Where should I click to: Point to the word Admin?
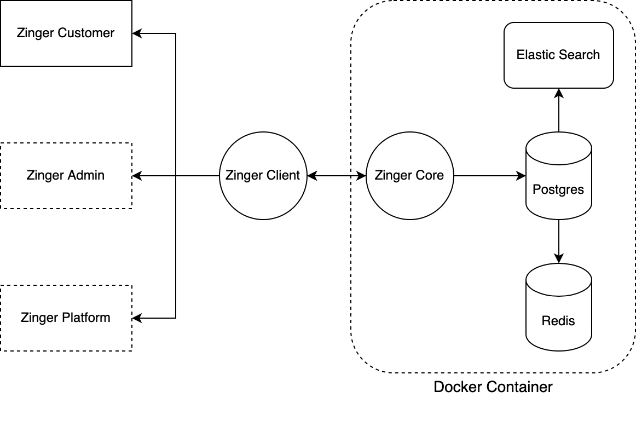(x=86, y=175)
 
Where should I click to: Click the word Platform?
(x=85, y=318)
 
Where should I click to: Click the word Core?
(x=430, y=175)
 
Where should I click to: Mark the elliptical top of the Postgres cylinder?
(x=558, y=148)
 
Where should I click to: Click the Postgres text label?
(x=558, y=189)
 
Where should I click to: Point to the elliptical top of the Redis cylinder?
(x=558, y=280)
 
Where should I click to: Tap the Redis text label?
(x=558, y=321)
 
